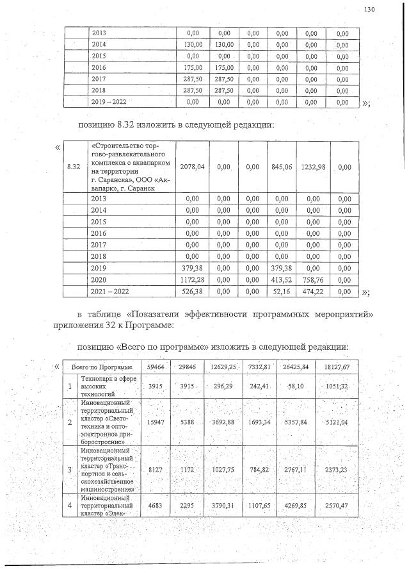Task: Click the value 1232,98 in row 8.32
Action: [313, 167]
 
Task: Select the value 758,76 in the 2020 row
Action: [313, 279]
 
